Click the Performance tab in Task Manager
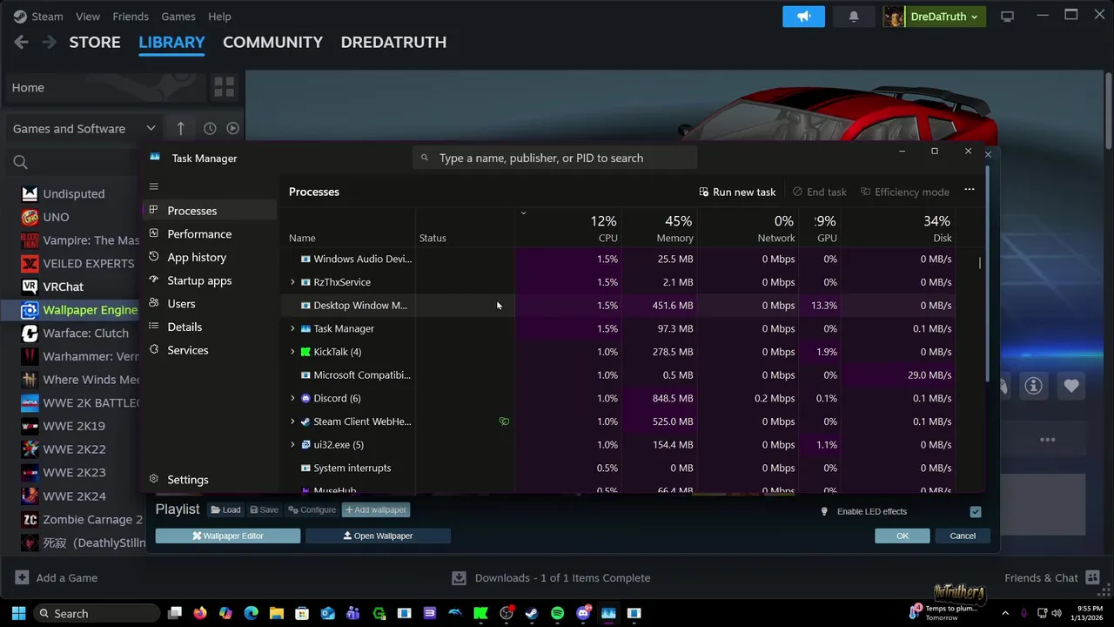(x=199, y=234)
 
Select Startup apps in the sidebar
(x=199, y=280)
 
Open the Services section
(x=187, y=350)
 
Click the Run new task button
(x=737, y=192)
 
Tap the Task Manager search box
(x=557, y=158)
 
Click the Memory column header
(x=674, y=238)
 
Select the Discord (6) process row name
(x=337, y=398)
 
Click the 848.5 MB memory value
(x=672, y=398)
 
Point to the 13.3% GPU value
(x=823, y=306)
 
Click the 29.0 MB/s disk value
(x=929, y=375)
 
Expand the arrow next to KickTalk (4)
(x=292, y=352)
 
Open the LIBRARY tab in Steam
(x=171, y=42)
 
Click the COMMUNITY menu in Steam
(x=272, y=42)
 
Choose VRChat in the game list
(x=63, y=287)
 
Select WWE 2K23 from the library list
(x=74, y=473)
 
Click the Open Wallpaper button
(x=378, y=536)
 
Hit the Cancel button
(x=963, y=536)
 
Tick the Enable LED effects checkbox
(x=976, y=512)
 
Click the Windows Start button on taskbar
(x=18, y=613)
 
